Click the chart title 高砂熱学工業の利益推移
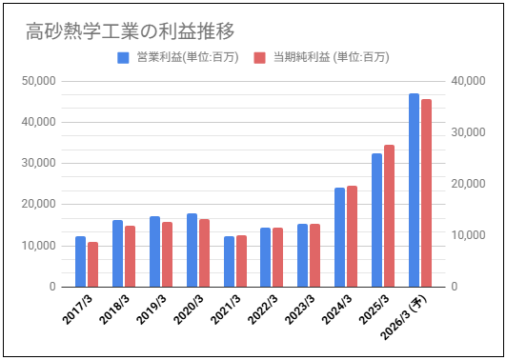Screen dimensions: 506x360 pos(130,31)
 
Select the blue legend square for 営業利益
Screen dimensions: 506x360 pos(123,58)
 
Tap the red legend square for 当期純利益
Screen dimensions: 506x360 pos(259,58)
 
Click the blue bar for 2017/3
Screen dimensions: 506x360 pos(80,262)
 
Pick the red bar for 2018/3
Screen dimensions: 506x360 pos(130,256)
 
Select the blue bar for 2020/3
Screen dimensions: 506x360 pos(192,250)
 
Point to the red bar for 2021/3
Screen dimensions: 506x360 pos(241,261)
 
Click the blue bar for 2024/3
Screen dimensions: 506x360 pos(340,237)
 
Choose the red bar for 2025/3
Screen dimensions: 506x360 pos(389,216)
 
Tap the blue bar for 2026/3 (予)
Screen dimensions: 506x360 pos(414,190)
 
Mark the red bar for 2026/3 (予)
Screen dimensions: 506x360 pos(426,193)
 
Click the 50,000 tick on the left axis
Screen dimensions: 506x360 pos(39,81)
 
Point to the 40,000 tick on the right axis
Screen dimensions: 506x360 pos(468,81)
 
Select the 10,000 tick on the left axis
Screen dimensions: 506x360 pos(39,246)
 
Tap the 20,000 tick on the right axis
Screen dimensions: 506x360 pos(468,184)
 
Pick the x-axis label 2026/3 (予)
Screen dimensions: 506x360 pos(404,317)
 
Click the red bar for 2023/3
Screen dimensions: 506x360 pos(315,255)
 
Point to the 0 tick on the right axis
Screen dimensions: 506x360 pos(455,287)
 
